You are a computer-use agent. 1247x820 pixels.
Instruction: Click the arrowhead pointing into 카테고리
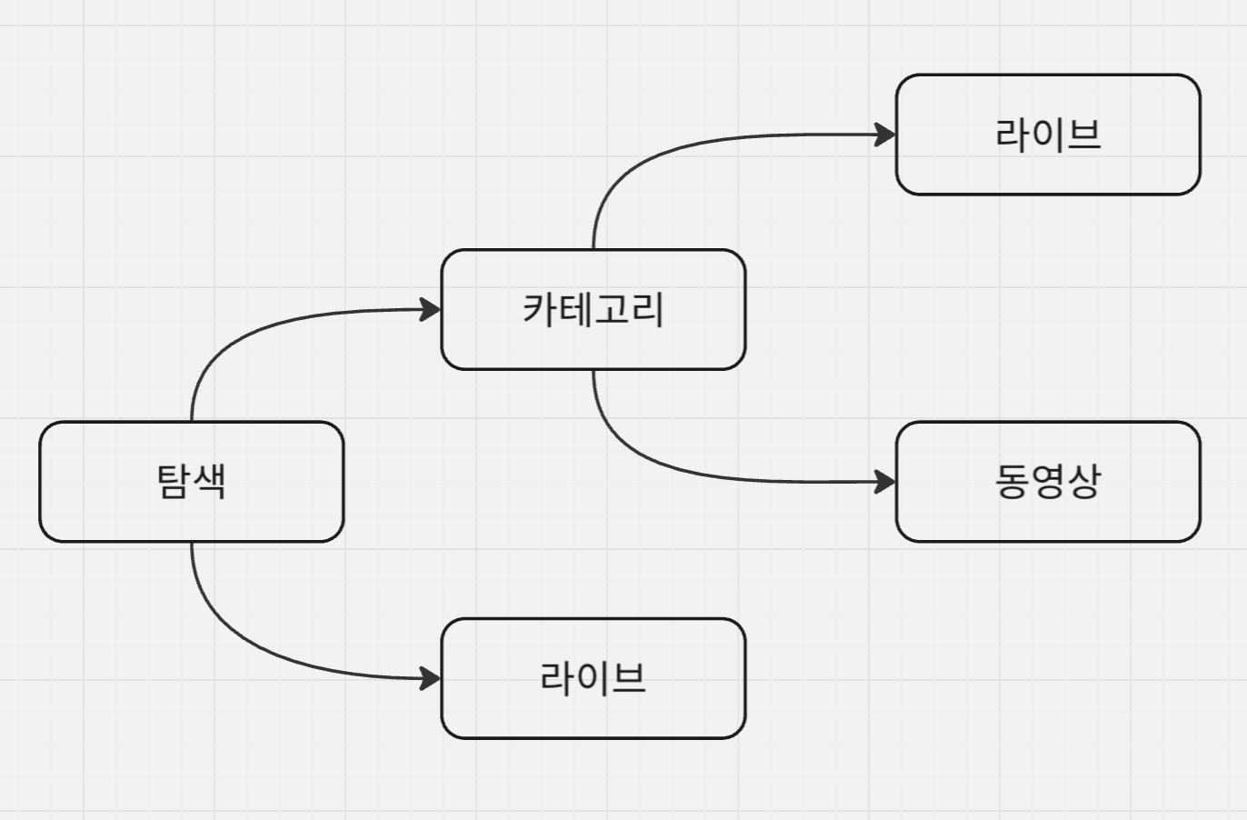coord(430,310)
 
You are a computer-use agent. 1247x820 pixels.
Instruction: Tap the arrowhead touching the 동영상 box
coord(884,482)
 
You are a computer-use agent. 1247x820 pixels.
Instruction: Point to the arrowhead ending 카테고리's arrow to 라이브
coord(884,135)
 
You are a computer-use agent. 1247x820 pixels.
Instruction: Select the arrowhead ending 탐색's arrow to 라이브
coord(430,678)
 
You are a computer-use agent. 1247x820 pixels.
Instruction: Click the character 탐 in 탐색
coord(174,481)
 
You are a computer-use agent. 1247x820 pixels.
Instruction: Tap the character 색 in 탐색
coord(209,481)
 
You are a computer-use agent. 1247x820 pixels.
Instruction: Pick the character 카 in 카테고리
coord(540,309)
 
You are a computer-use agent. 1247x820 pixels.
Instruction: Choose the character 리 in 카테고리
coord(647,309)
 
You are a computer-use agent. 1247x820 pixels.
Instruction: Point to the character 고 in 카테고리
coord(612,309)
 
